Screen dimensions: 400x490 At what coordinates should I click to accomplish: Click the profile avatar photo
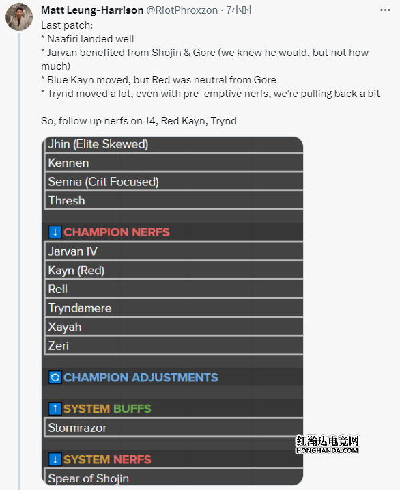point(19,17)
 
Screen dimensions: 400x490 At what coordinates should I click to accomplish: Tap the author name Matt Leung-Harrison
point(92,10)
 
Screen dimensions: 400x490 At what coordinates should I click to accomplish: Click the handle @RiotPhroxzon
point(182,10)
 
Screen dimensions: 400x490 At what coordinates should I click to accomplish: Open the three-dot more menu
point(385,10)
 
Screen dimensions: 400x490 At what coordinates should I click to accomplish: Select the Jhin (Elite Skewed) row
point(174,144)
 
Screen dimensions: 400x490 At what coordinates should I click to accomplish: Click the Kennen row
point(174,163)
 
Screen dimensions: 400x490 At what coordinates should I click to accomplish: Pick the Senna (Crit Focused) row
point(174,182)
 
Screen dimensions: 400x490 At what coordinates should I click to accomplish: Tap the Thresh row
point(174,200)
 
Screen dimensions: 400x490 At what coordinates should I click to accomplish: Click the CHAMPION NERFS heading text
point(117,232)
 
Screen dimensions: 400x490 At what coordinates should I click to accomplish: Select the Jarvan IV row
point(174,251)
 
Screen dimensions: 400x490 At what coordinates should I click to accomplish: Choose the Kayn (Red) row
point(174,270)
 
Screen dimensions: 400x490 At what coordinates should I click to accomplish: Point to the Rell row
point(174,289)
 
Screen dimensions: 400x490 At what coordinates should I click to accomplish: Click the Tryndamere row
point(174,308)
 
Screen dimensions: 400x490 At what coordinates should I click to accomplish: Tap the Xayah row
point(174,327)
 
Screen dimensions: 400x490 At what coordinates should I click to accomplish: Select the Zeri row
point(174,346)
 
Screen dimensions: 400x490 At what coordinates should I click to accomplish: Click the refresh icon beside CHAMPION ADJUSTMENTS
point(55,377)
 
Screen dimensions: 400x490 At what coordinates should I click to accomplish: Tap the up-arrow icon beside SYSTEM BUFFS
point(55,409)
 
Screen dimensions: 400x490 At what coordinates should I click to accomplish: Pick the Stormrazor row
point(174,428)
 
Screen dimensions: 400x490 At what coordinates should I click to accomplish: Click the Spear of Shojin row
point(174,477)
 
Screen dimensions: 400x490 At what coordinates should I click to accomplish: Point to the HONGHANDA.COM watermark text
point(327,450)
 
